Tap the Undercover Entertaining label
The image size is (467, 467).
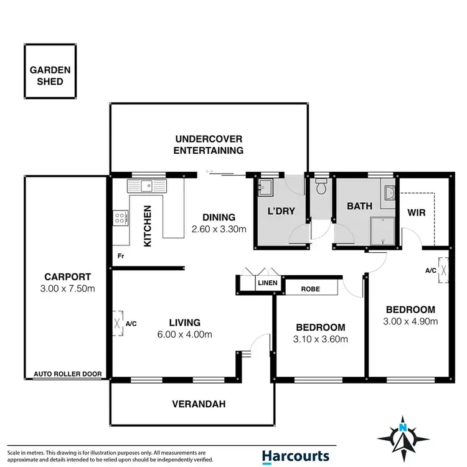click(x=209, y=144)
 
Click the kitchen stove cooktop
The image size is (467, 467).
click(x=121, y=217)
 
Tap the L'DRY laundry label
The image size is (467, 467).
click(x=281, y=212)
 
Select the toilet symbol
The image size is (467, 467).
click(x=321, y=186)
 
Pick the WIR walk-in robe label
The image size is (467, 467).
click(x=416, y=212)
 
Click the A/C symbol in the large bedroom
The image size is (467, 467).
click(x=444, y=270)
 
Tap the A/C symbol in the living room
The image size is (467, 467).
click(x=119, y=323)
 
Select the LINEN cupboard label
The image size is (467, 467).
click(x=267, y=283)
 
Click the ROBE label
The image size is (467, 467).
click(x=310, y=289)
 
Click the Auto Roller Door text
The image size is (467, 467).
click(x=64, y=374)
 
